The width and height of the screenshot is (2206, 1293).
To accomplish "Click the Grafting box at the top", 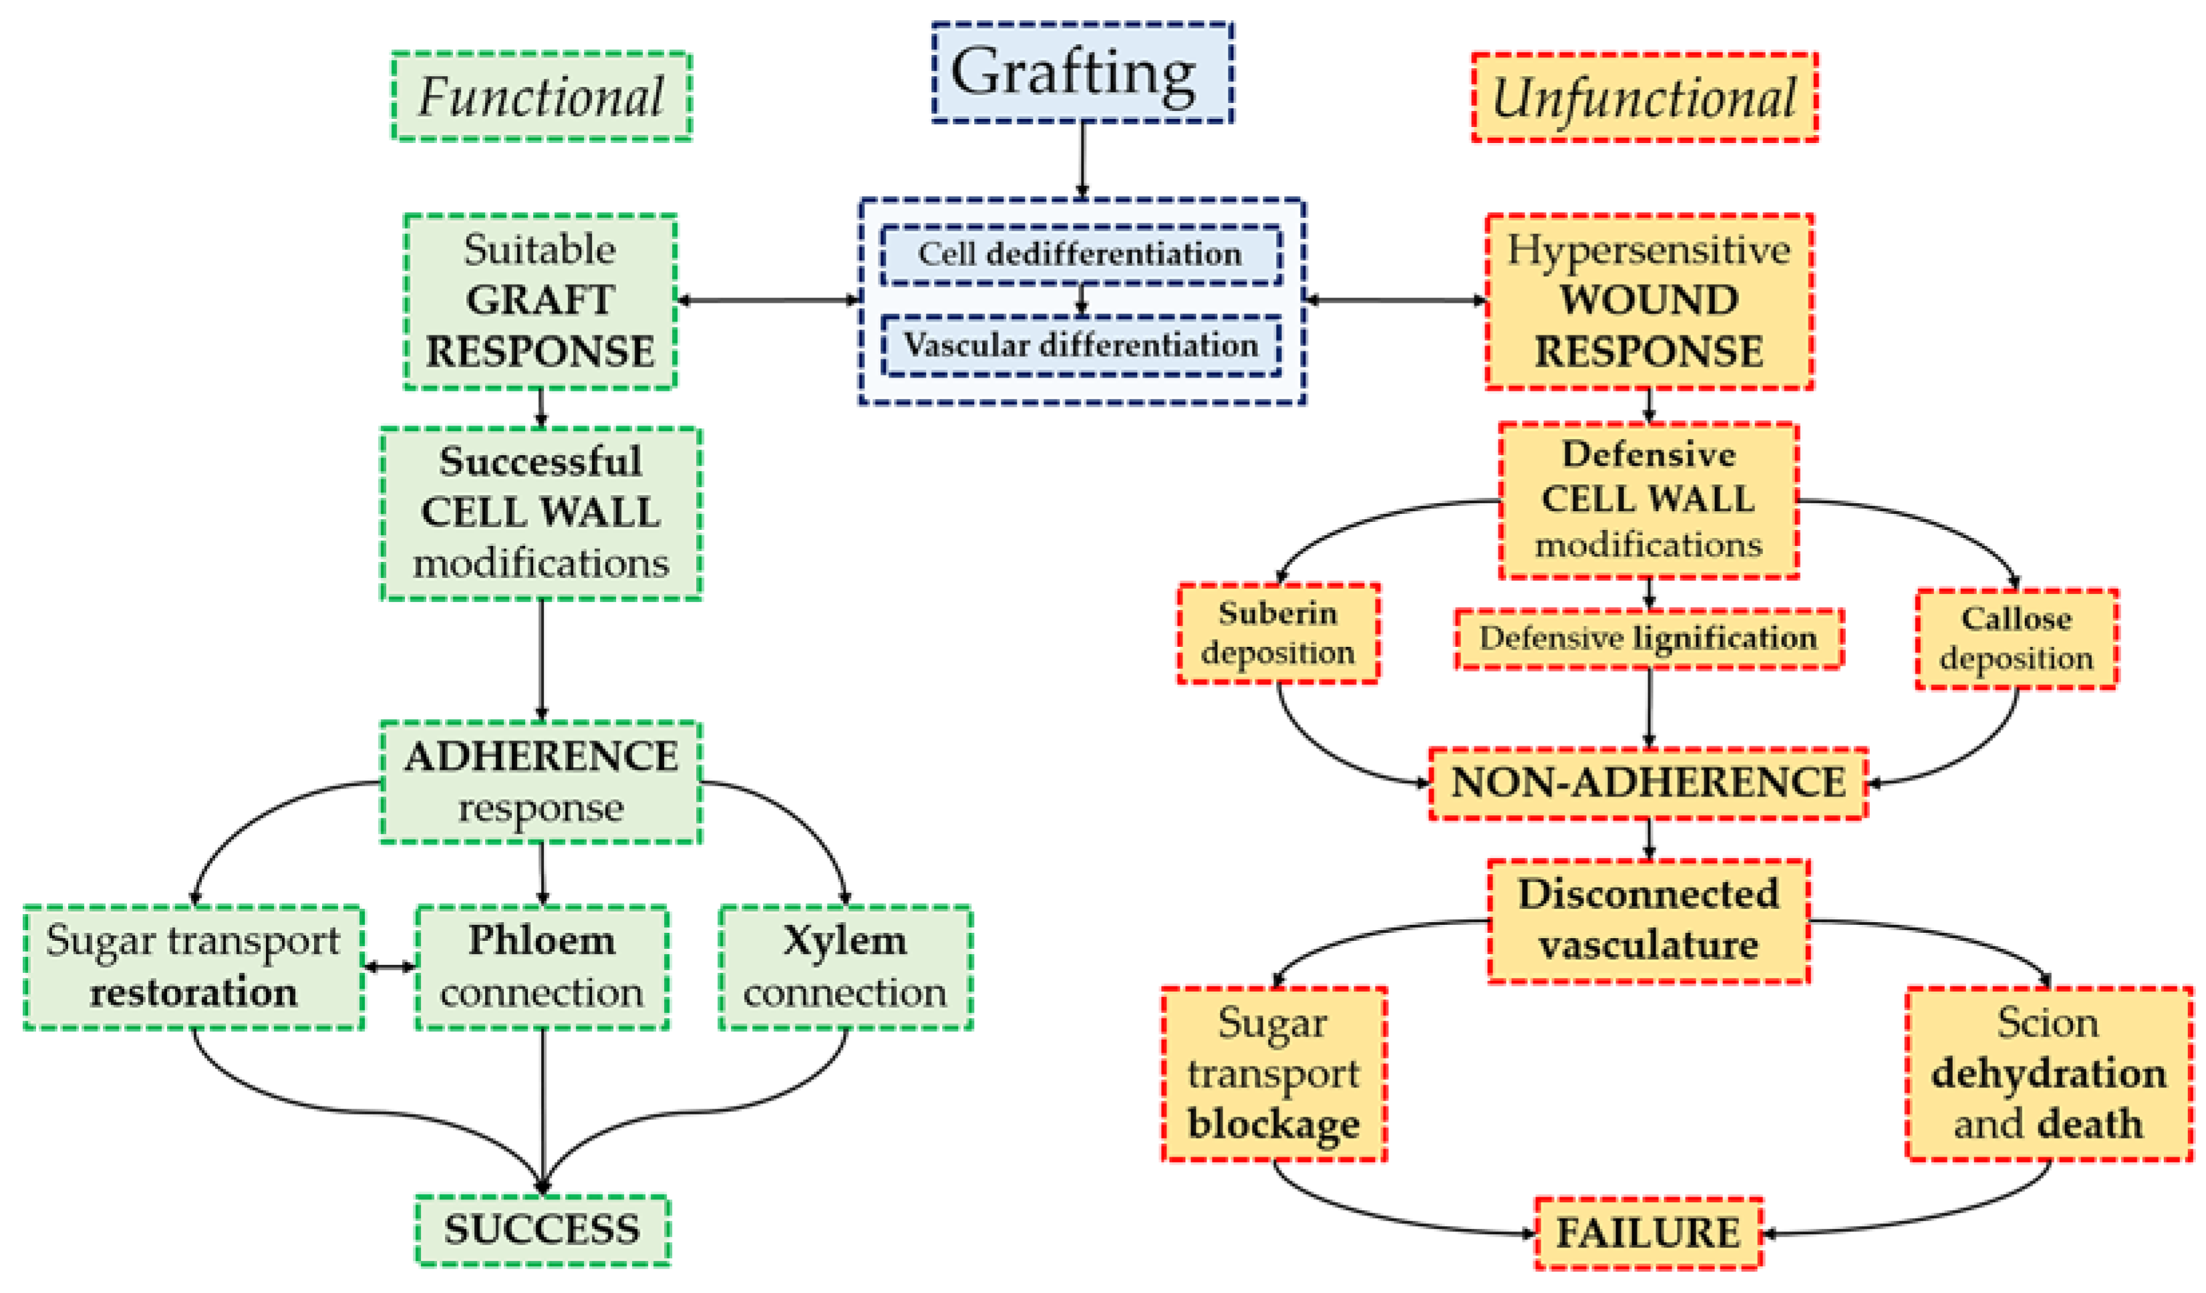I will [1082, 73].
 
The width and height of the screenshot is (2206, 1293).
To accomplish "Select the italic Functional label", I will [541, 96].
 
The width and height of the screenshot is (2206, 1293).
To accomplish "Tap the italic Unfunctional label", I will [1644, 97].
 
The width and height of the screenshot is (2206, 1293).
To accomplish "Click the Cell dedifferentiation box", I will [1080, 255].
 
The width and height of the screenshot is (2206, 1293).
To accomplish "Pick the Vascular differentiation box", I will [1080, 345].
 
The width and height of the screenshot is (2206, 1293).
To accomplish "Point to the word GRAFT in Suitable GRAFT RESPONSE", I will [539, 300].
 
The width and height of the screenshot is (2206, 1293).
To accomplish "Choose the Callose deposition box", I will [2016, 639].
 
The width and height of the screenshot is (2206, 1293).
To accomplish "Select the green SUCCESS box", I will [542, 1230].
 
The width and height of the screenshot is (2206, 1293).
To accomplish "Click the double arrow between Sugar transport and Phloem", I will [390, 968].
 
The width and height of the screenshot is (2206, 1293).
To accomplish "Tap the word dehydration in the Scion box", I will [2048, 1073].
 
